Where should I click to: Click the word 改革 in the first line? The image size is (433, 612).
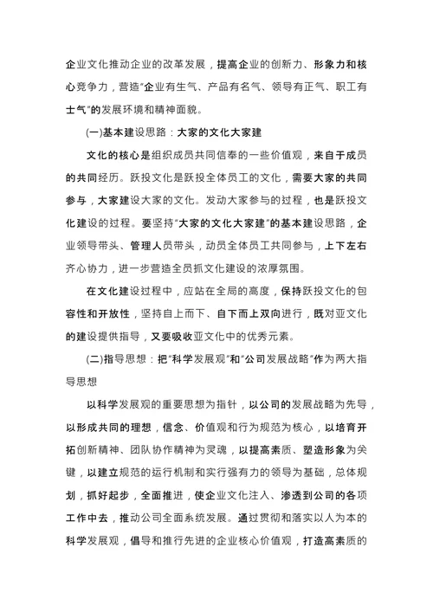click(x=176, y=64)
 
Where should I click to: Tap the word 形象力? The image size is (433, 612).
click(x=331, y=64)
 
